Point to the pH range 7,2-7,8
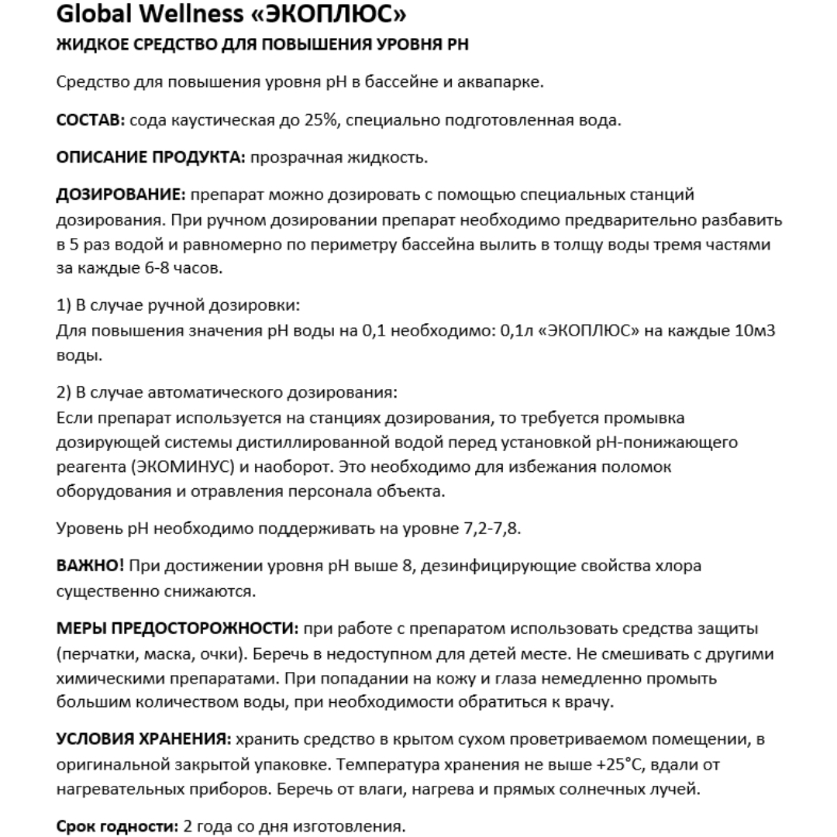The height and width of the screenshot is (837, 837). click(487, 529)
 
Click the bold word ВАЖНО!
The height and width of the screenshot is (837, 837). click(90, 566)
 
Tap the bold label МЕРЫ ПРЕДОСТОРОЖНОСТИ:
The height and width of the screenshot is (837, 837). click(177, 629)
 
